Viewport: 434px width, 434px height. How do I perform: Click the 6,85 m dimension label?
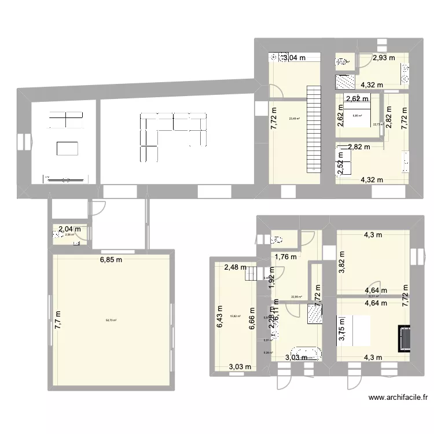(111, 260)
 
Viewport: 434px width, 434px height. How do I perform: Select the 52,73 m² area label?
(111, 321)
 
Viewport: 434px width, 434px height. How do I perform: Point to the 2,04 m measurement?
(69, 229)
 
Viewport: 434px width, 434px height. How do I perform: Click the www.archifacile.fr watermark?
(398, 398)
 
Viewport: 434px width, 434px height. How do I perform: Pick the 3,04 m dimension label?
(293, 57)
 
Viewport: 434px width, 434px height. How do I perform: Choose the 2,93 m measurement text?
(384, 57)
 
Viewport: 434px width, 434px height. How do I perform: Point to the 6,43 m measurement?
(219, 318)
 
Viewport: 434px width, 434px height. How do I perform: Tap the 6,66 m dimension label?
(252, 319)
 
